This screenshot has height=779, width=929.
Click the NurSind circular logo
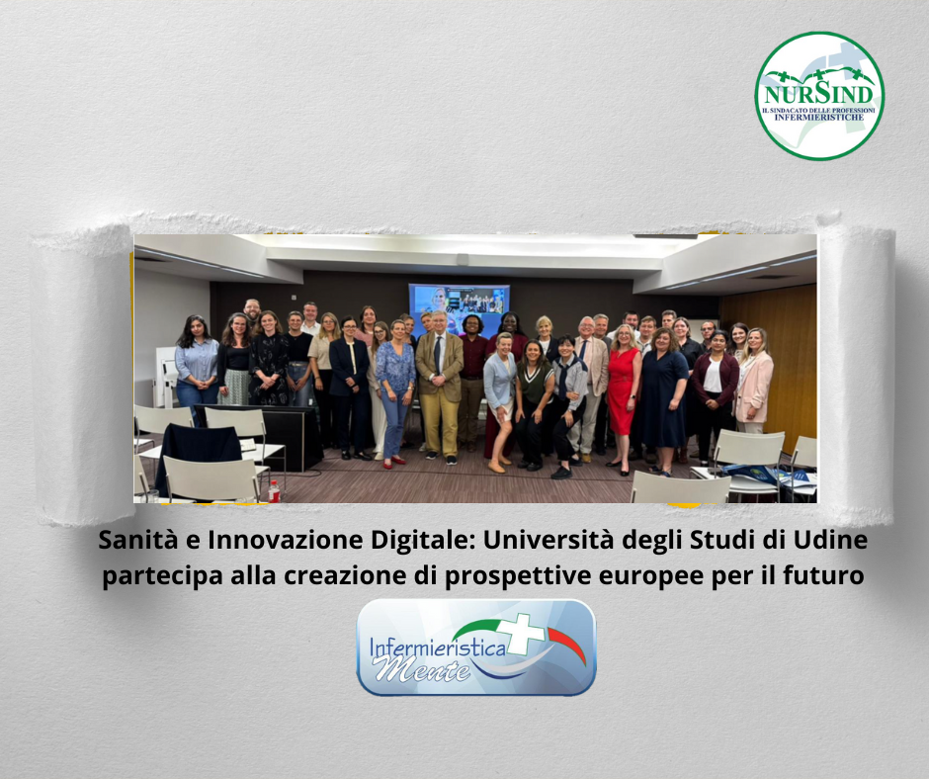819,96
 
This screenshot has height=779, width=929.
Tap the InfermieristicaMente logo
476,648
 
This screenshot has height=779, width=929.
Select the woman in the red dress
623,397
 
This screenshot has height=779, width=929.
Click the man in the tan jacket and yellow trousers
439,387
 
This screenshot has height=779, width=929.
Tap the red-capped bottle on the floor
274,491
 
